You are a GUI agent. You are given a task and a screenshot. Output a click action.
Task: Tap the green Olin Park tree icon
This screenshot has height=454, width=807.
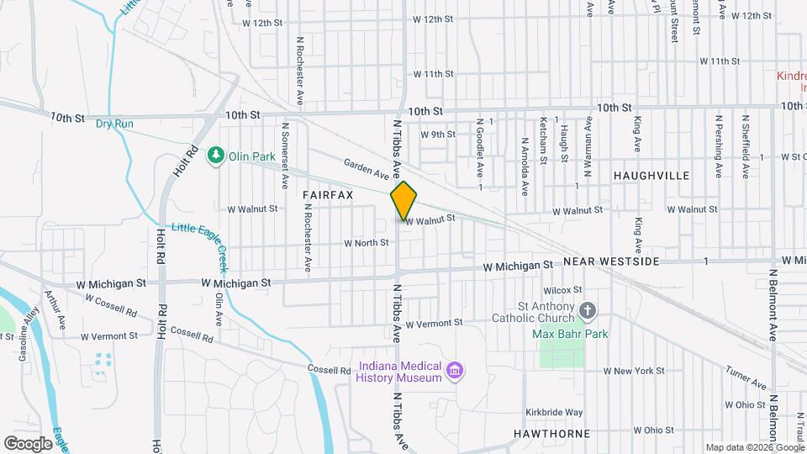217,156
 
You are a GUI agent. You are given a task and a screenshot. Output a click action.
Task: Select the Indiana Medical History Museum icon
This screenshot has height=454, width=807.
455,371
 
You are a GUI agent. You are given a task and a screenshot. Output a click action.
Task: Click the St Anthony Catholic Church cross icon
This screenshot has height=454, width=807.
588,311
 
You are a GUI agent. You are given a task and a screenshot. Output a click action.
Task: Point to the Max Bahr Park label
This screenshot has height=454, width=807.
571,334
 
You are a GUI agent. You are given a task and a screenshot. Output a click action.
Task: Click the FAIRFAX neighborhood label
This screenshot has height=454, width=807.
328,194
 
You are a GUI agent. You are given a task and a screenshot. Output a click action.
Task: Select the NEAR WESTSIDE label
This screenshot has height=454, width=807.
611,262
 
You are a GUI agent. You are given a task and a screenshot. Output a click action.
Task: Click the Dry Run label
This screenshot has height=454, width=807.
114,124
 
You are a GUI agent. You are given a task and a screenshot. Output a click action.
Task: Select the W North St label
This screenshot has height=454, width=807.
366,243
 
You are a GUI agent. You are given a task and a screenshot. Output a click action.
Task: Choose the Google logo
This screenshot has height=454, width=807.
28,443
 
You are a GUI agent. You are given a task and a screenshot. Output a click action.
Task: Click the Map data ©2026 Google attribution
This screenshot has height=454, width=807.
753,447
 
